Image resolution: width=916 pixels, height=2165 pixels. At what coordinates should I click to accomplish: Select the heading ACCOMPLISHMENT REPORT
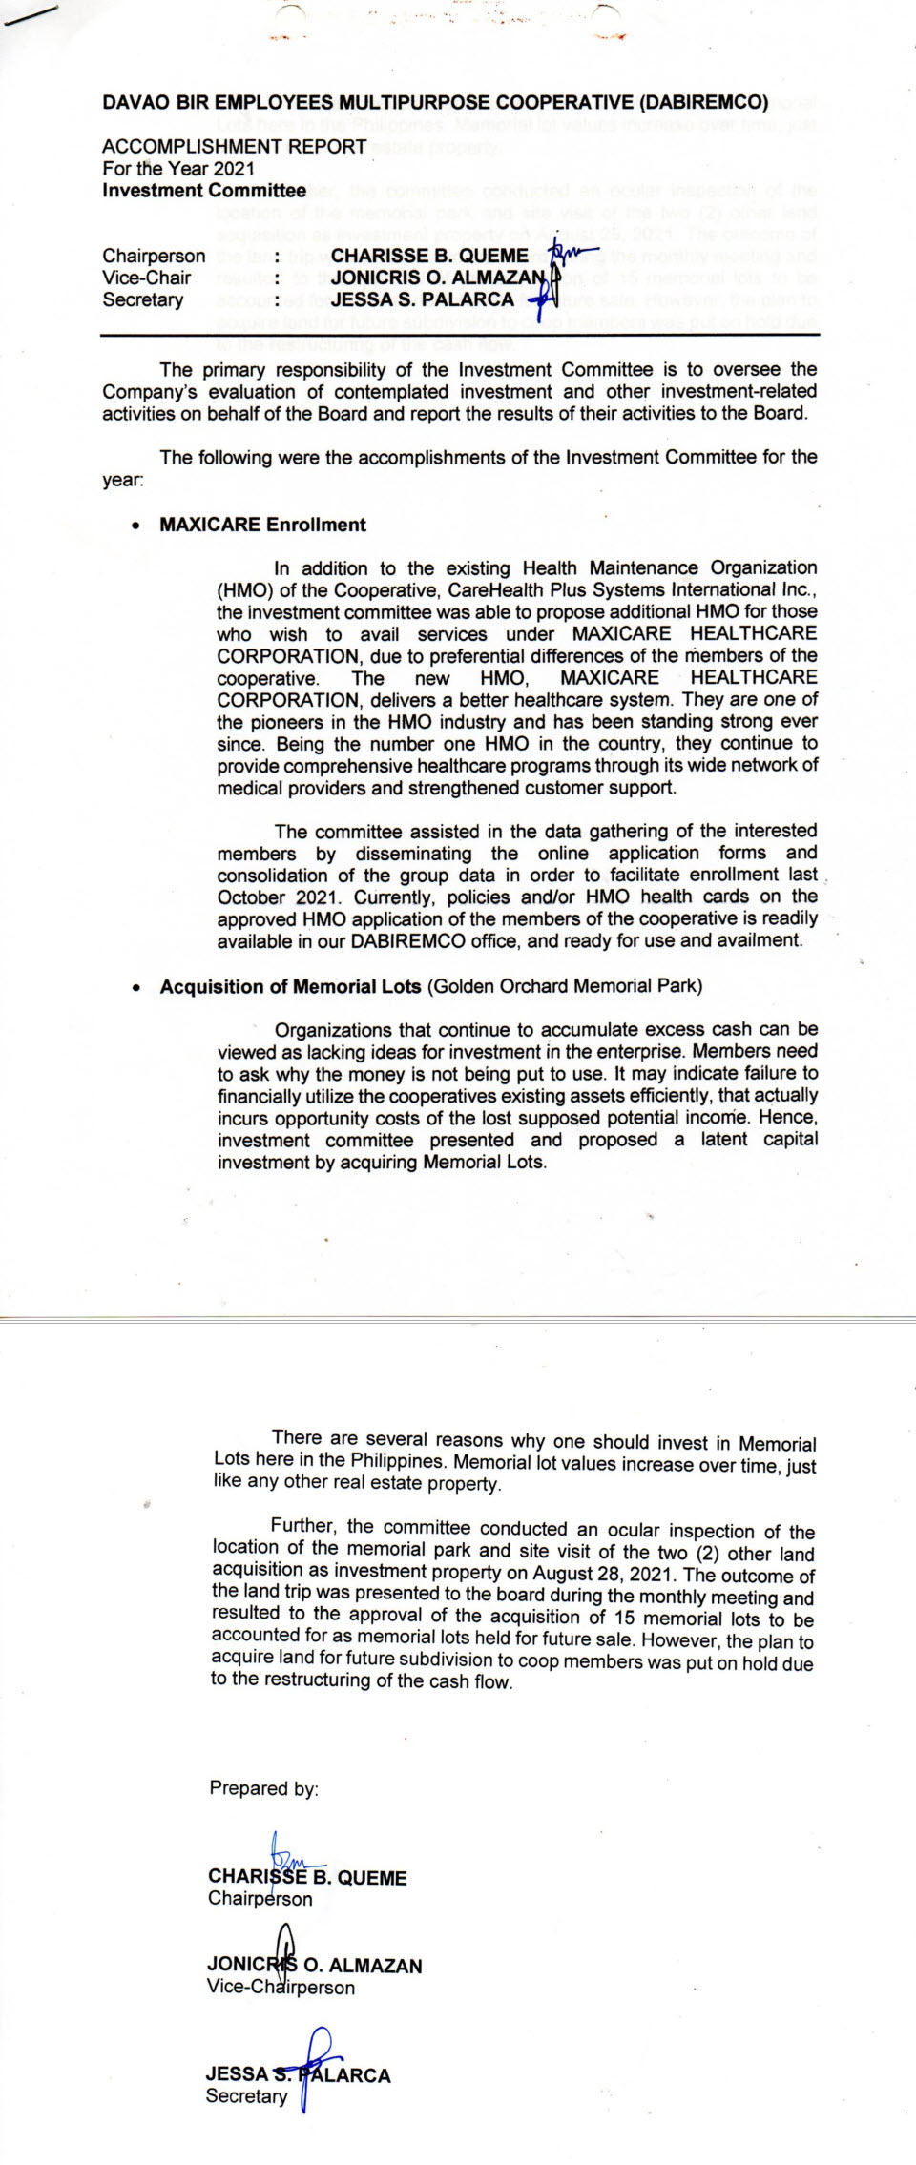point(234,147)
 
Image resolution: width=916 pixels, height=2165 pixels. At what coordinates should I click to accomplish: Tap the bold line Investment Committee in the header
point(204,190)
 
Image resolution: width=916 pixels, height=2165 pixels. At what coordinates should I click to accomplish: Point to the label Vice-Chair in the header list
point(146,278)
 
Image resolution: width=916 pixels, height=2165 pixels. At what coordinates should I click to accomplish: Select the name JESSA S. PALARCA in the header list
point(422,299)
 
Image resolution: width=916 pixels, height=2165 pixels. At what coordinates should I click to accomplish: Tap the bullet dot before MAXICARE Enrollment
point(139,526)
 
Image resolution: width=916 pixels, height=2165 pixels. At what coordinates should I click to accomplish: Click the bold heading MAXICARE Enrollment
point(262,525)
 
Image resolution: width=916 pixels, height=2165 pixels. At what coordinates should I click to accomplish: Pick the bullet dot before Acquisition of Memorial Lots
point(139,988)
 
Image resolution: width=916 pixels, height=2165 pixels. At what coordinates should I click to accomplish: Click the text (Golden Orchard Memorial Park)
point(564,986)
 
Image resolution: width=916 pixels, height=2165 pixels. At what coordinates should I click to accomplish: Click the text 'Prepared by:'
point(263,1788)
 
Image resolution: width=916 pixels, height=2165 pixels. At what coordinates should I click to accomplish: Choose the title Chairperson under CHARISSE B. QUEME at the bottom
point(260,1898)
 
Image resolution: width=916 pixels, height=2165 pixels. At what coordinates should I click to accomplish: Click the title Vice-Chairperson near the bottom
point(280,1987)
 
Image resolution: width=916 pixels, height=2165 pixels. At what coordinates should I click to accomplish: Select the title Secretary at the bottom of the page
point(246,2096)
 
